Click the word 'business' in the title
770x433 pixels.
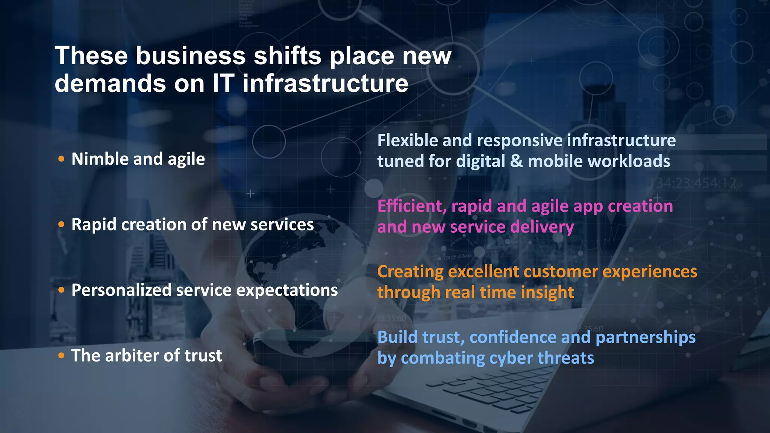pos(191,56)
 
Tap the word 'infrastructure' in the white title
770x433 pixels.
pos(325,83)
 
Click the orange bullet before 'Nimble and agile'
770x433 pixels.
pos(62,159)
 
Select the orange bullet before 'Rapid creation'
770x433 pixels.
pos(62,224)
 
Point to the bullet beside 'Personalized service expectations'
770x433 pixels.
pos(62,290)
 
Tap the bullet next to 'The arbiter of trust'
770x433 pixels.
pos(62,355)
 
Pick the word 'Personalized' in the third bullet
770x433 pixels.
pos(121,290)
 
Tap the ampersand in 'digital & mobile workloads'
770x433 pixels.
pos(517,161)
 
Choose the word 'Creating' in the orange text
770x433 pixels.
pos(410,272)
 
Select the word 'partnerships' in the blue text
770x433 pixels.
pos(646,337)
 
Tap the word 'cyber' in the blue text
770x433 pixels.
pos(510,358)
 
